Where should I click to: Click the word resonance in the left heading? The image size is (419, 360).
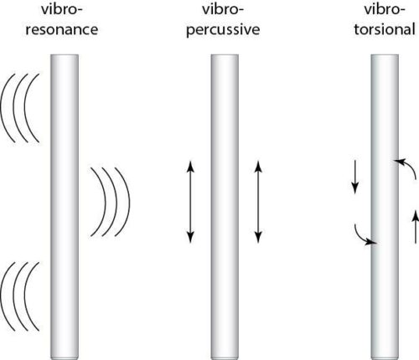click(x=62, y=30)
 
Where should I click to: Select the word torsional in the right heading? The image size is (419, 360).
click(x=385, y=29)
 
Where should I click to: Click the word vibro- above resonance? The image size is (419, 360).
click(x=62, y=10)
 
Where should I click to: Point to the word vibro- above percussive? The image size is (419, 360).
click(x=223, y=10)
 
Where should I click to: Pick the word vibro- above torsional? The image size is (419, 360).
click(x=385, y=10)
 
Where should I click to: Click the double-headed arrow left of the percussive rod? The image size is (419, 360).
click(x=190, y=202)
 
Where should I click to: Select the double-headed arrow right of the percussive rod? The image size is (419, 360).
click(x=258, y=202)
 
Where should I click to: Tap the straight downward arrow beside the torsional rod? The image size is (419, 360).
click(x=354, y=177)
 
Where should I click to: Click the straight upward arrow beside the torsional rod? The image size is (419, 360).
click(x=416, y=227)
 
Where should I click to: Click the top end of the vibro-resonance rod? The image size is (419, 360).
click(x=65, y=55)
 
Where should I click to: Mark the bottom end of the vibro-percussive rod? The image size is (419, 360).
click(x=225, y=358)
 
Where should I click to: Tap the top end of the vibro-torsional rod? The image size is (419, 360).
click(x=385, y=55)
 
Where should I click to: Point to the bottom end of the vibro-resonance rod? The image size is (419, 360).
click(x=65, y=358)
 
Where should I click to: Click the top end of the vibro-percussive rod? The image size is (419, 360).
click(x=225, y=55)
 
